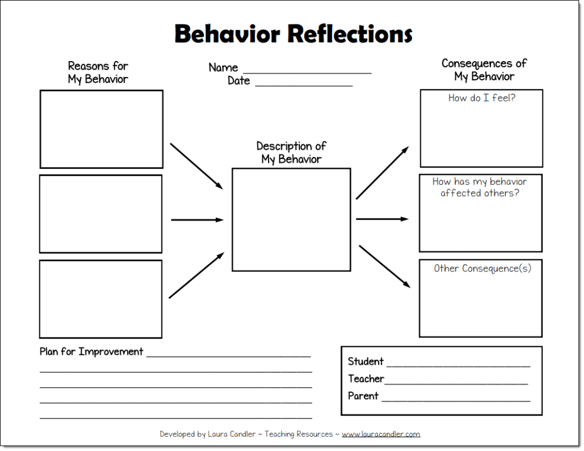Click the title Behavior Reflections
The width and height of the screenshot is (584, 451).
[293, 34]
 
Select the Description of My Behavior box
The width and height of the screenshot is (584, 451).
[291, 220]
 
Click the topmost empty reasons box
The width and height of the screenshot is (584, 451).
[102, 129]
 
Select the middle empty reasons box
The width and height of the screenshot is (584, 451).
[101, 214]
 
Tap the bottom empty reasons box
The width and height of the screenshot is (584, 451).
[101, 299]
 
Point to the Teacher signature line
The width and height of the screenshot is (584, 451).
[456, 381]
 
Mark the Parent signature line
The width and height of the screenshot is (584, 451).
[456, 399]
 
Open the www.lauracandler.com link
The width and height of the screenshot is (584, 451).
[381, 434]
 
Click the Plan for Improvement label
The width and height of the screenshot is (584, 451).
[91, 352]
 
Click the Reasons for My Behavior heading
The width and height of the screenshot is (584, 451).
[98, 73]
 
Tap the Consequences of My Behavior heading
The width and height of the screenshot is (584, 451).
[484, 70]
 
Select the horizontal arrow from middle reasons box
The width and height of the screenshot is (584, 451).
[197, 220]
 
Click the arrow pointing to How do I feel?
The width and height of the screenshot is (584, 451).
[382, 173]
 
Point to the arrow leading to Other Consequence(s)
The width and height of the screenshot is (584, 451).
[384, 266]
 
